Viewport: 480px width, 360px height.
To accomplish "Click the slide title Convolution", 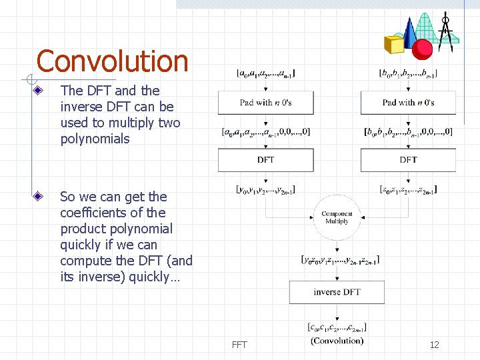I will click(112, 61).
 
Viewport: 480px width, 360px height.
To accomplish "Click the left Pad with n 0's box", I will click(265, 103).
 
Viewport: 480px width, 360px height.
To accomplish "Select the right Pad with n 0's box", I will click(408, 103).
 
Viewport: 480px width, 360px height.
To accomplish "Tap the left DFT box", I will click(265, 160).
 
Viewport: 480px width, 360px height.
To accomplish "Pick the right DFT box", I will click(408, 160).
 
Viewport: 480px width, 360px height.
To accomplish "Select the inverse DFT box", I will click(337, 292).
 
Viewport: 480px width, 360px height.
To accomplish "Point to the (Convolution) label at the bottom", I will click(337, 341).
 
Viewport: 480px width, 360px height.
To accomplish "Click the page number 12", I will click(434, 345).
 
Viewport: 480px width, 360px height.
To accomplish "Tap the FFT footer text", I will click(239, 345).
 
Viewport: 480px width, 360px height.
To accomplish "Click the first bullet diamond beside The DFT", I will click(40, 91).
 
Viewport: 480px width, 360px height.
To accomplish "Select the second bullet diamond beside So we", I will click(40, 197).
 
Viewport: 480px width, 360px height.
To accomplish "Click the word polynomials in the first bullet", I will click(95, 139).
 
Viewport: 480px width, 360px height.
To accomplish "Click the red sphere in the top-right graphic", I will click(422, 49).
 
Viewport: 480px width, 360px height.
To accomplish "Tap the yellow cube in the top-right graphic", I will click(395, 44).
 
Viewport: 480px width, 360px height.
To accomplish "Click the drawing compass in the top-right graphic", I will click(447, 30).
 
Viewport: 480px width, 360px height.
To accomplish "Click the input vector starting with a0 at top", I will click(265, 73).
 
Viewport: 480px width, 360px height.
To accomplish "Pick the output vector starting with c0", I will click(337, 327).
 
